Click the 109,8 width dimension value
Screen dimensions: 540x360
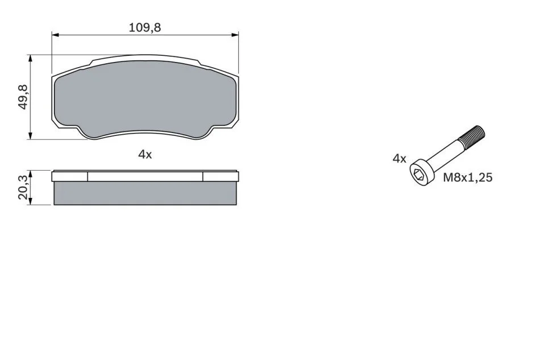point(144,27)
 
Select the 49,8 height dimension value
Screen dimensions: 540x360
point(23,97)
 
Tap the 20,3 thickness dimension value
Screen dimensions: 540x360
point(23,187)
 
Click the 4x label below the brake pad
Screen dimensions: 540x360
point(145,155)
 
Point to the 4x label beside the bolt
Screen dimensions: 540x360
point(400,159)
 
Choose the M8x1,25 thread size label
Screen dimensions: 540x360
point(468,177)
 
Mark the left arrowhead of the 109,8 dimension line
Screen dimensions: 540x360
point(56,35)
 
